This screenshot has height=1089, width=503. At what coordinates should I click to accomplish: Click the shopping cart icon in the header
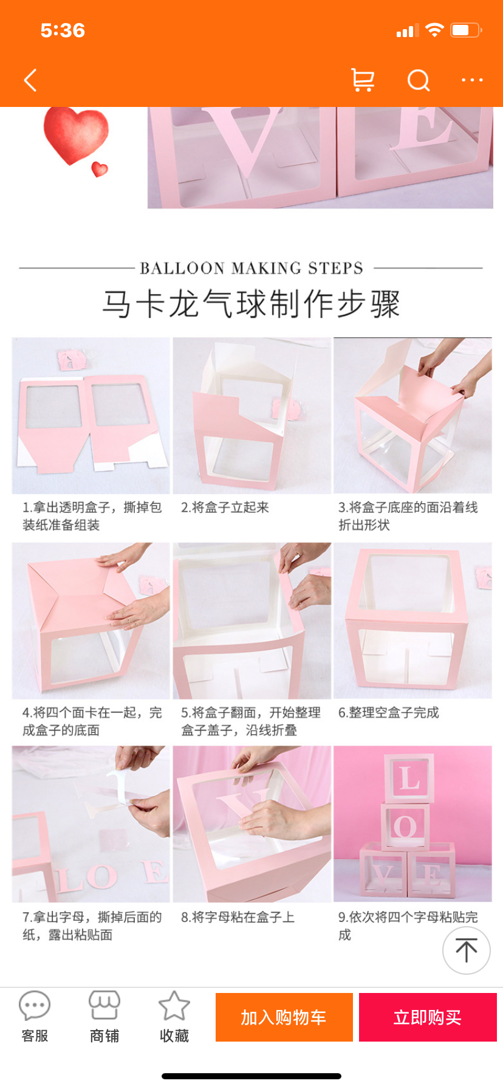[x=363, y=80]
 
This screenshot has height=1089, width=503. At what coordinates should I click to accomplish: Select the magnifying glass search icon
[x=419, y=80]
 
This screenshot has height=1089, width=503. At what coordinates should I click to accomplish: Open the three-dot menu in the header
[x=472, y=80]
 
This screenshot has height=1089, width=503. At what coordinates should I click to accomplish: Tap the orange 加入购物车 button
[x=284, y=1017]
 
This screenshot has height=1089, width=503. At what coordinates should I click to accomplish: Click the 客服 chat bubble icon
[x=35, y=1006]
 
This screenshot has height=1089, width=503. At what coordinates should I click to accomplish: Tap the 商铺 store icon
[x=104, y=1005]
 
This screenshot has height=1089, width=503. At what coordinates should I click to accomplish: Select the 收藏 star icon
[x=174, y=1005]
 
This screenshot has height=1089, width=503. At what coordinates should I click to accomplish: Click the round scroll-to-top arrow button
[x=467, y=950]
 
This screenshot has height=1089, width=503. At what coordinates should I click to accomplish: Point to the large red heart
[x=75, y=134]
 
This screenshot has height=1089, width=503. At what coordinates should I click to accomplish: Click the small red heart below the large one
[x=100, y=169]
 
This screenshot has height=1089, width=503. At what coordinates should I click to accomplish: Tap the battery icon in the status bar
[x=467, y=30]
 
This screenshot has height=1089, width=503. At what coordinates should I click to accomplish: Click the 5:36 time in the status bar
[x=63, y=30]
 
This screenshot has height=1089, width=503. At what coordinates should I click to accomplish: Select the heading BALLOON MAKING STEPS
[x=251, y=268]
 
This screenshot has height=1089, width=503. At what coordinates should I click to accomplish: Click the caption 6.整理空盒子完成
[x=389, y=712]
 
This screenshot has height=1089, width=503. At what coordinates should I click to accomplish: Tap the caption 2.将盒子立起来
[x=225, y=507]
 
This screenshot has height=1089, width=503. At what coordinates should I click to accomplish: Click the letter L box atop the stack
[x=409, y=778]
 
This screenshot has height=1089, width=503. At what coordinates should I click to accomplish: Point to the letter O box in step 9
[x=405, y=826]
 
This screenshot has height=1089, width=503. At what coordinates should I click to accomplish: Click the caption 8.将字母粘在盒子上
[x=238, y=917]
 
